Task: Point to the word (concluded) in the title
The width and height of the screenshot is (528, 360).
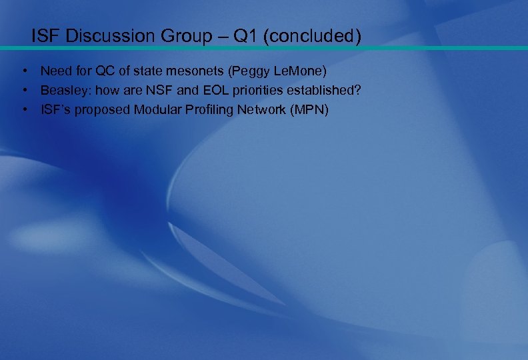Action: click(312, 36)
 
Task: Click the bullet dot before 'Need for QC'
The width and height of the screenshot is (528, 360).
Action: click(23, 71)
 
